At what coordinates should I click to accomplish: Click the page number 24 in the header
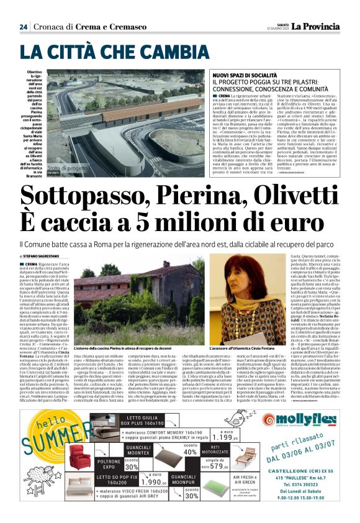[x=24, y=26]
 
